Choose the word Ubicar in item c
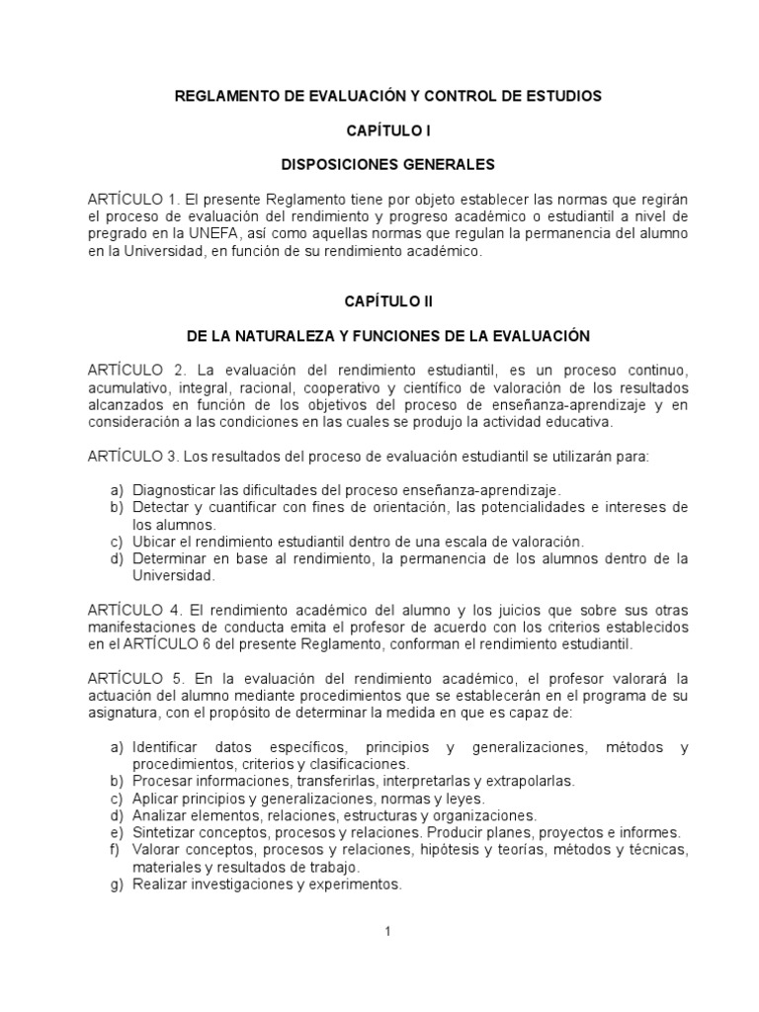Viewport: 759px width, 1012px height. tap(153, 542)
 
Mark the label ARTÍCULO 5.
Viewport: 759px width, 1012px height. tap(134, 678)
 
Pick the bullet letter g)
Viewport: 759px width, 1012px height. tap(116, 884)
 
